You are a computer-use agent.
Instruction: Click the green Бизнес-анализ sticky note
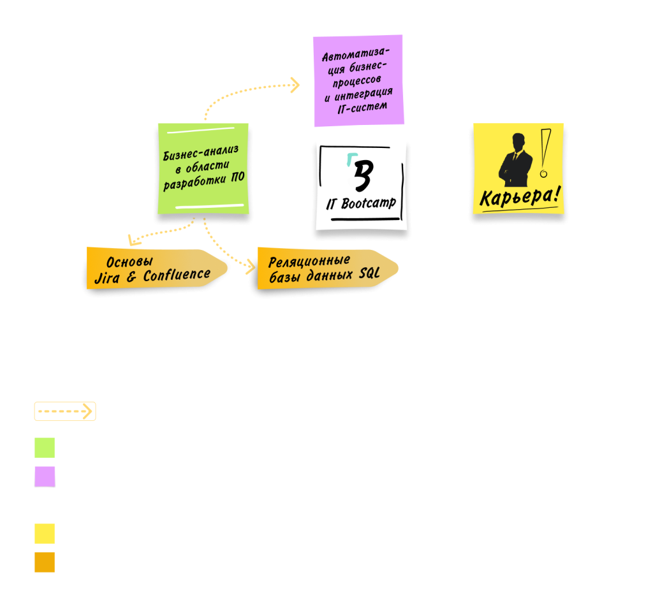[x=203, y=169]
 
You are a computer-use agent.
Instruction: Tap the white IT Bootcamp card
[x=361, y=185]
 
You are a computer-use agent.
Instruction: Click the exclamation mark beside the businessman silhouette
[x=544, y=153]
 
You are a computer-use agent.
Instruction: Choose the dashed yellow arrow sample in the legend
[x=64, y=411]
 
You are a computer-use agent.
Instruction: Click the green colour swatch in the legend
[x=45, y=448]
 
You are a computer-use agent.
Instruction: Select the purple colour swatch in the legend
[x=45, y=476]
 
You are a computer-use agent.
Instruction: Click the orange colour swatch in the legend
[x=45, y=562]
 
